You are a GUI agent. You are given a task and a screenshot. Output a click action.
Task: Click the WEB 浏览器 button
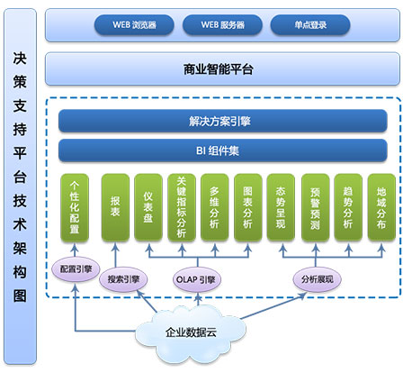[134, 25]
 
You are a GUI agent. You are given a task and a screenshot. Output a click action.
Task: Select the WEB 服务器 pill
[222, 25]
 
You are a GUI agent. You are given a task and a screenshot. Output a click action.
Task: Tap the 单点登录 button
[310, 25]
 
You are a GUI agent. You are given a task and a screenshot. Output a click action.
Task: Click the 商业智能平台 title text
[219, 69]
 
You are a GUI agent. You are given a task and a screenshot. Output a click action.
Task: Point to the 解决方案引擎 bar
[223, 121]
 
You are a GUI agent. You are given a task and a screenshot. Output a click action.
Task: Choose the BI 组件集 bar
[223, 150]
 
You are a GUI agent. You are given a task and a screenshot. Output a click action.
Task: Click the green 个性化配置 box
[75, 207]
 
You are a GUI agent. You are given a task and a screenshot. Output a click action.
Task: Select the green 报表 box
[115, 207]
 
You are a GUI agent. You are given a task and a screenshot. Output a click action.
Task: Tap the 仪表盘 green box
[148, 207]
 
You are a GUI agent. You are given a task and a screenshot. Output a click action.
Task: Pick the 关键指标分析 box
[182, 207]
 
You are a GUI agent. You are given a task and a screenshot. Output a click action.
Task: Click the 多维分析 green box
[215, 207]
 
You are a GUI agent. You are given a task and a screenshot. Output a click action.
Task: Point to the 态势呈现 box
[281, 207]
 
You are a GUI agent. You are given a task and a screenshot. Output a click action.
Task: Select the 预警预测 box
[316, 207]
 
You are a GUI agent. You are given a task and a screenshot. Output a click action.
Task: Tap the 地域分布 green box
[381, 207]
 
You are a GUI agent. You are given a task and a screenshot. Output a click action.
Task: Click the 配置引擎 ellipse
[76, 269]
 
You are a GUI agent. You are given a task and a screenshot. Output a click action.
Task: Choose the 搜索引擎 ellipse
[123, 279]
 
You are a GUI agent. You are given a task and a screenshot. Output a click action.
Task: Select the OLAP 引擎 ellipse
[197, 279]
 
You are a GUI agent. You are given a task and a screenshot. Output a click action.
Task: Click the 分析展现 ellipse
[318, 279]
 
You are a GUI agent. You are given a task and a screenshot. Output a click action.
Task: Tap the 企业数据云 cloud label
[191, 332]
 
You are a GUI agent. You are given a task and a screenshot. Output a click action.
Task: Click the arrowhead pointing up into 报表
[115, 247]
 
